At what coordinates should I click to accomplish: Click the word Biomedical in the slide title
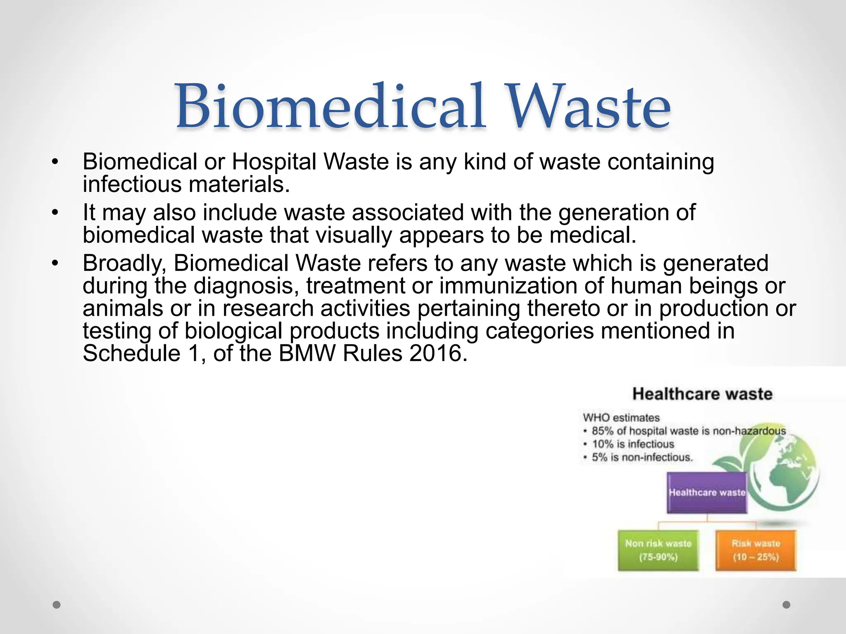tap(330, 106)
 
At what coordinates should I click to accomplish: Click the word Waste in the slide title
tap(587, 106)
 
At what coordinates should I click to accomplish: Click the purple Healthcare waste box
tap(707, 492)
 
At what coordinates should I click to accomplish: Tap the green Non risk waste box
tap(658, 550)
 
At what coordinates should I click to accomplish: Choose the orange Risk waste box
tap(756, 550)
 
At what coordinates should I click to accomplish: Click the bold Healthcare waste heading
tap(702, 394)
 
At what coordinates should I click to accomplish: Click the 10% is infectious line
tap(633, 444)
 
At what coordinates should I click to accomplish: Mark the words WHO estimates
tap(621, 418)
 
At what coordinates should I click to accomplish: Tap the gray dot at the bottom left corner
tap(57, 605)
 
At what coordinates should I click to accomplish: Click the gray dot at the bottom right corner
tap(787, 605)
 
